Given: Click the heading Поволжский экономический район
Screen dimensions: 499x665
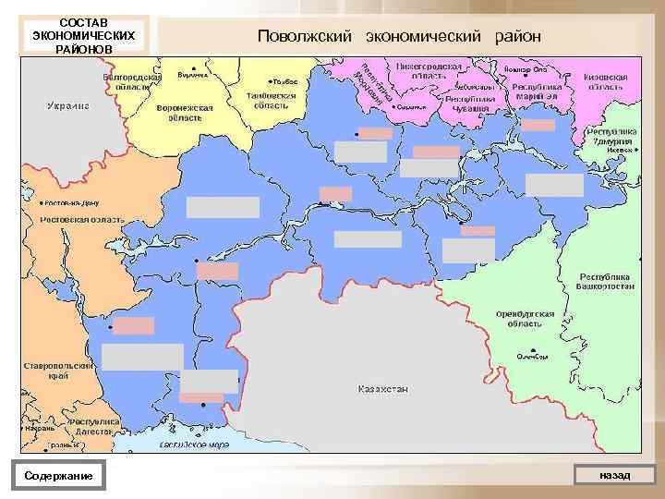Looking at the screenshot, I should (399, 36).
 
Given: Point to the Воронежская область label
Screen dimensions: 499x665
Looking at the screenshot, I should (185, 113).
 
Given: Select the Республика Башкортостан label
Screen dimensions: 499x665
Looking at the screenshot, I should (607, 282).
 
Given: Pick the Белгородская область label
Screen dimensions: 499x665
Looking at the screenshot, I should (127, 81).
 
